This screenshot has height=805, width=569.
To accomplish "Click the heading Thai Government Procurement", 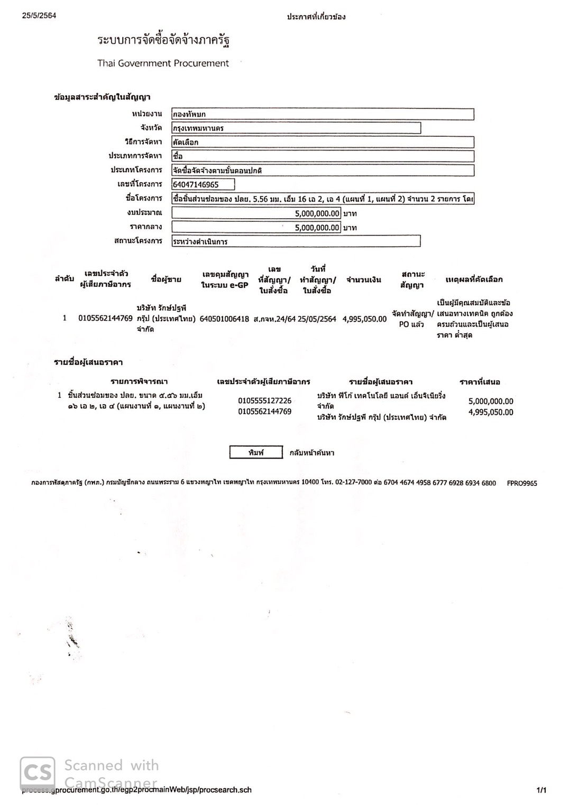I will coord(163,63).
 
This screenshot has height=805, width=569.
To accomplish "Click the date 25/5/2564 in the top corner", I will coord(39,15).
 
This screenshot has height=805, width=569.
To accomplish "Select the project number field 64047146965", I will coord(203,184).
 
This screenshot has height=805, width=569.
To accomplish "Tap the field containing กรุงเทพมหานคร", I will coord(296,128).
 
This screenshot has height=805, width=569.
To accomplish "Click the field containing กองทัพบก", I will coord(323,114).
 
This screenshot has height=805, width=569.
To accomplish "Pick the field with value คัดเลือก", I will coord(323,142).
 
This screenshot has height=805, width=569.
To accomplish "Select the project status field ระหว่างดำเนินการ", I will coord(296,241).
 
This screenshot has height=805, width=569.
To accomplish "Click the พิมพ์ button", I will coord(256,453).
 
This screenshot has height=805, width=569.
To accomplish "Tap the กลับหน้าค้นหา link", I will coord(311,453).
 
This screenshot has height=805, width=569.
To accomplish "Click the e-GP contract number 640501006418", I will coord(224,319).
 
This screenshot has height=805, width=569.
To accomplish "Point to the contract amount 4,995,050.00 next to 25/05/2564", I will coord(364,319).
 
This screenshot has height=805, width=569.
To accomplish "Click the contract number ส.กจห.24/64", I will coord(274,319).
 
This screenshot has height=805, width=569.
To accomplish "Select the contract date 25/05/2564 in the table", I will coord(317,319).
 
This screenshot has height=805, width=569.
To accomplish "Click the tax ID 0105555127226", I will coord(264,401).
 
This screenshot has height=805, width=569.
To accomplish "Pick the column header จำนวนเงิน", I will coord(364,280).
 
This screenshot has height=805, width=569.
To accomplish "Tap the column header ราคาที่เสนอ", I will coord(480,382).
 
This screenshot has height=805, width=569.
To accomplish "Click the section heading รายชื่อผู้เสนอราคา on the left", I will coord(88,362).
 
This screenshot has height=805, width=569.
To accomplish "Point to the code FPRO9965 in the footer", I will coord(521,483).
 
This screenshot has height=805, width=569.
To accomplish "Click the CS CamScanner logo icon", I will coord(37,772).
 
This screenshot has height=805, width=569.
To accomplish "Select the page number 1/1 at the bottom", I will coord(542,790).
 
